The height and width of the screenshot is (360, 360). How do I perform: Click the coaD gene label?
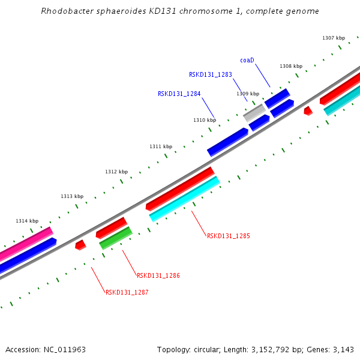(247, 60)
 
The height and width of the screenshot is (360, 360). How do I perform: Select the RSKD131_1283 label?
(210, 74)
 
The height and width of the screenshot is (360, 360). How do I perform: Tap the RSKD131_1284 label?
(179, 94)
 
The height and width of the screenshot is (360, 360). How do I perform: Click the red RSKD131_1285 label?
(228, 236)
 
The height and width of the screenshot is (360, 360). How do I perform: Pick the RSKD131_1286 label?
(158, 275)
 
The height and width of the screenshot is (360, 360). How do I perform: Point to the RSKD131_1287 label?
(127, 292)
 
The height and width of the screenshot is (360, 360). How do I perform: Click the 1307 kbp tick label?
(334, 38)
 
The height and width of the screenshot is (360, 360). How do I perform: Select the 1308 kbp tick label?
(291, 66)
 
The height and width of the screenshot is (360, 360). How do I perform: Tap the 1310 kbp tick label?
(205, 120)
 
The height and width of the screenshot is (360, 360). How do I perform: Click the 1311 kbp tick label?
(161, 146)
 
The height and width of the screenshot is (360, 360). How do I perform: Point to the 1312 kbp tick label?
(116, 172)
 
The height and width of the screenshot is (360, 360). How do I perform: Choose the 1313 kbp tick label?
(72, 196)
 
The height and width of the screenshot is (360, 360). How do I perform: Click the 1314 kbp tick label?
(27, 221)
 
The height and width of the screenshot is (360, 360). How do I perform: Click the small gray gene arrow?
(254, 112)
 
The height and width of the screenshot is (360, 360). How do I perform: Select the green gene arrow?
(116, 238)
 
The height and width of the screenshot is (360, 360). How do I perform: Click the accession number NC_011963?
(65, 349)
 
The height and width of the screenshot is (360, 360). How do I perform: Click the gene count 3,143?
(343, 349)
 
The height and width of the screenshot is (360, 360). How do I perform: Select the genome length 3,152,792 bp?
(273, 349)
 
